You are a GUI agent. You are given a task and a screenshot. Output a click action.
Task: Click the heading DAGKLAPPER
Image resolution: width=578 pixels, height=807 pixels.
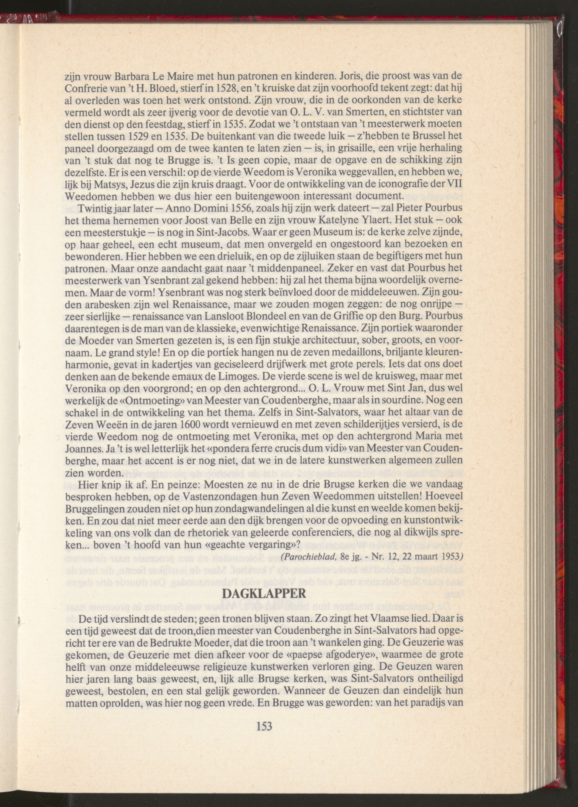(264, 594)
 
